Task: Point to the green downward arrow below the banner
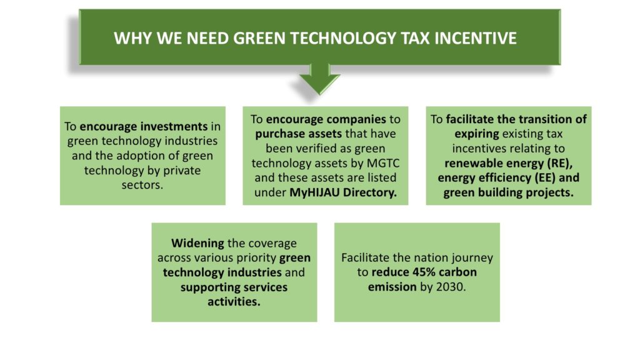pyautogui.click(x=319, y=79)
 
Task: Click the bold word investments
pyautogui.click(x=144, y=126)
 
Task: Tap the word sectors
pyautogui.click(x=142, y=185)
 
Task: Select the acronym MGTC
pyautogui.click(x=383, y=163)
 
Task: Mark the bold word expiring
pyautogui.click(x=477, y=134)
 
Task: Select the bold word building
pyautogui.click(x=497, y=192)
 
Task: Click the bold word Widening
pyautogui.click(x=197, y=243)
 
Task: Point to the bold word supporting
pyautogui.click(x=206, y=287)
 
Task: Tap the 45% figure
pyautogui.click(x=426, y=272)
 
